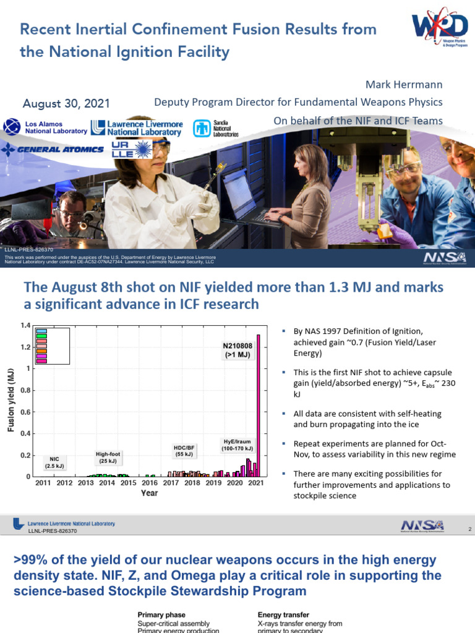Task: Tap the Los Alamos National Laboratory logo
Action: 45,127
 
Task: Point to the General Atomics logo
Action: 53,149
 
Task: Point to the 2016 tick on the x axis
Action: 150,483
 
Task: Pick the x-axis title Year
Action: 150,493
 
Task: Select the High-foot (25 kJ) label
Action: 108,457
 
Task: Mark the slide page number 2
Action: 469,530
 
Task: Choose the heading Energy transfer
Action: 283,615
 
